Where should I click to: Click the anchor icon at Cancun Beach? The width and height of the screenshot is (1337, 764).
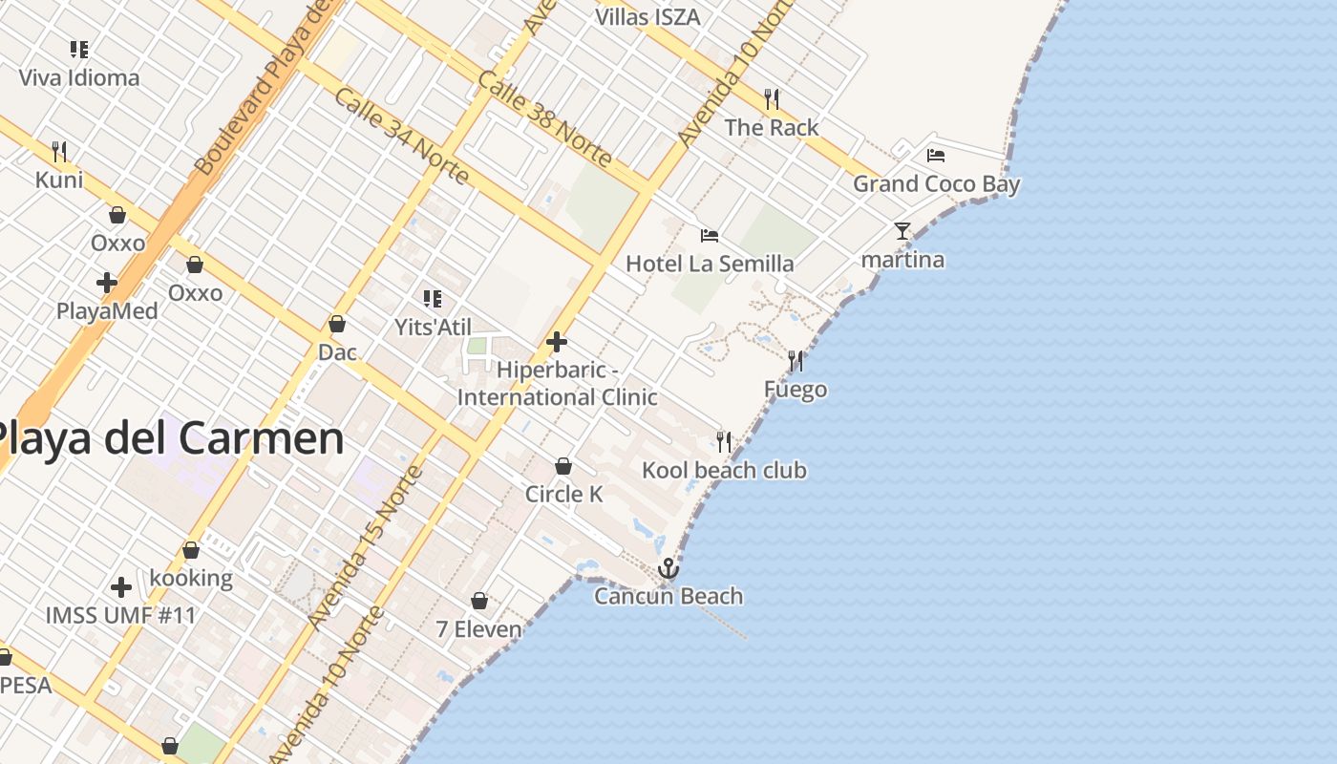click(668, 569)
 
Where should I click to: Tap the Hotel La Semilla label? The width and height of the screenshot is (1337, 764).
click(710, 264)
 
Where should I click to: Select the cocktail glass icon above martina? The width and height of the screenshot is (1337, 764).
click(902, 231)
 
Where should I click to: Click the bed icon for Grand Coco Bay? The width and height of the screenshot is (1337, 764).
click(936, 156)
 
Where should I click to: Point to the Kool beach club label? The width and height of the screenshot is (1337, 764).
click(724, 470)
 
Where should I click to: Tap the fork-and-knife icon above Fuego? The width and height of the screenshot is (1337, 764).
click(796, 361)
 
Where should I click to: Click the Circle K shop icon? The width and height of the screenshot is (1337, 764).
click(563, 466)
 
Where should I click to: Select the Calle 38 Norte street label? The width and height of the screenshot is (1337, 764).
click(544, 120)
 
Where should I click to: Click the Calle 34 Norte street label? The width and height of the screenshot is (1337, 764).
click(402, 137)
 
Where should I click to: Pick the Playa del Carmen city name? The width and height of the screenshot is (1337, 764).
click(168, 438)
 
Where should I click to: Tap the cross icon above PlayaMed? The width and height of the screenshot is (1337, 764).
click(107, 283)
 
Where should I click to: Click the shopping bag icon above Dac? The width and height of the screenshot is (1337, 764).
click(337, 325)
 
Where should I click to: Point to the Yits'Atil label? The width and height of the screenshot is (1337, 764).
click(434, 328)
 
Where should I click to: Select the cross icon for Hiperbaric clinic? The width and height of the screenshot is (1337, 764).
click(557, 342)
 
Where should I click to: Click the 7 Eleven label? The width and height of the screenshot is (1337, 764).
click(479, 629)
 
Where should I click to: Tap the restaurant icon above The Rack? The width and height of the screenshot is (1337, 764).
click(772, 98)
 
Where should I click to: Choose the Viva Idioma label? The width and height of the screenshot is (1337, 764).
click(79, 78)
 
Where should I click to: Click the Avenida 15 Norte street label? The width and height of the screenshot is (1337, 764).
click(366, 548)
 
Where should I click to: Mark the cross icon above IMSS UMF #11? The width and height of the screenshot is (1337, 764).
click(121, 587)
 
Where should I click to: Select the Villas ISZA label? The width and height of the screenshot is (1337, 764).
click(647, 17)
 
